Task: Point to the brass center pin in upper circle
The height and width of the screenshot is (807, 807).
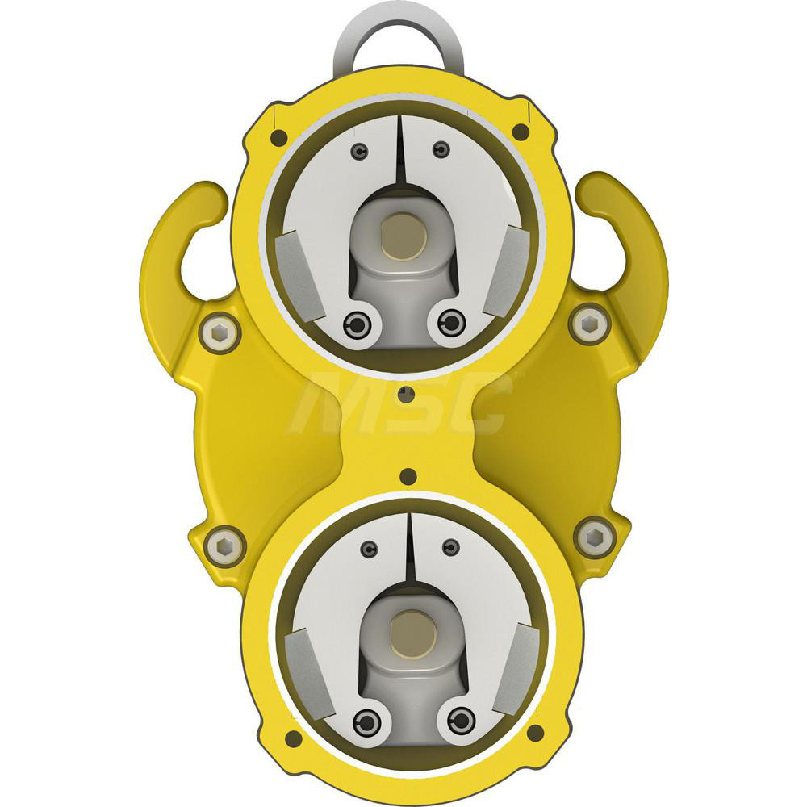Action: point(401,236)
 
